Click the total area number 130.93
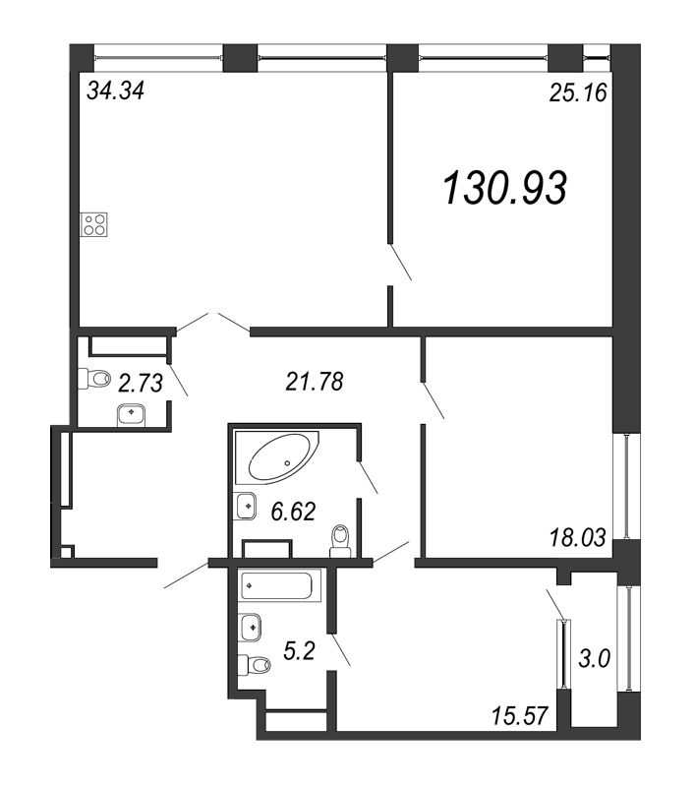click(x=505, y=188)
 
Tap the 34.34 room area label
click(x=115, y=91)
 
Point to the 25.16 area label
click(x=578, y=92)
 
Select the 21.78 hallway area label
click(x=315, y=382)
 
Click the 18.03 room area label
click(x=578, y=537)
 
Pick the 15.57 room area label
click(x=519, y=715)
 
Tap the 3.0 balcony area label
click(x=594, y=658)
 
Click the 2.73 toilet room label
click(x=141, y=384)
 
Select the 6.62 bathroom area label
click(x=293, y=512)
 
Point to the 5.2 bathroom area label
click(x=299, y=651)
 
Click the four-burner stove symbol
click(x=94, y=224)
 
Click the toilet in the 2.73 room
click(x=94, y=379)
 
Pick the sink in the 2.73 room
click(x=132, y=415)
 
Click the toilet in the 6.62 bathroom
click(x=340, y=542)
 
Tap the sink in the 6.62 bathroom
click(x=245, y=506)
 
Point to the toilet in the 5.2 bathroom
click(x=255, y=665)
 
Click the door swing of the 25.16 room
click(x=400, y=262)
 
